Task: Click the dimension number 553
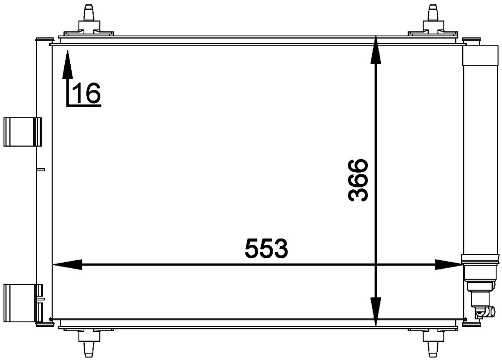[x=266, y=249]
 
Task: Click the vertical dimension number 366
[x=358, y=180]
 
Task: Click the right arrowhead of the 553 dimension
[x=448, y=265]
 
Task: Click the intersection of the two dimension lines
[x=376, y=265]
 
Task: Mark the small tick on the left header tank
[x=41, y=169]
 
